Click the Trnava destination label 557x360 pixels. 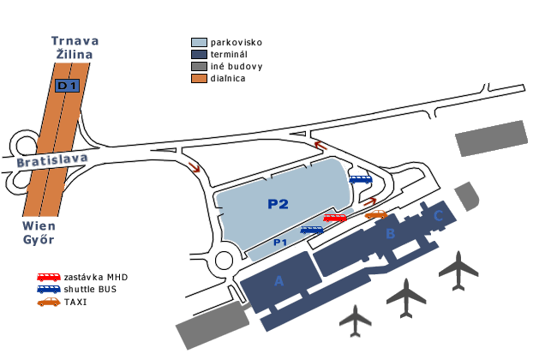tap(75, 41)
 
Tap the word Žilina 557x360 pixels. tap(75, 54)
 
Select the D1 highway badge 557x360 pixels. tap(67, 86)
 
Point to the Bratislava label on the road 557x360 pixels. tap(52, 160)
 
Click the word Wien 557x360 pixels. tap(39, 226)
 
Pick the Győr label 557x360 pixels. tap(39, 239)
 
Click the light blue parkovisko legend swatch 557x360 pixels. tap(199, 43)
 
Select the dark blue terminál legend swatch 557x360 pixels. tap(199, 54)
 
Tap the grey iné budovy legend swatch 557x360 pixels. tap(199, 67)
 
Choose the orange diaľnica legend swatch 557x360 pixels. tap(199, 78)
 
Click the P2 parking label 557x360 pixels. tap(278, 204)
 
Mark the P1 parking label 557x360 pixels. tap(280, 243)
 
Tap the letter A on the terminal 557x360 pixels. tap(279, 281)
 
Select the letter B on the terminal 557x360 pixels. tap(391, 233)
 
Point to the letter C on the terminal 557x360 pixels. tap(439, 215)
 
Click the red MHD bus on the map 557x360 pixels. tap(334, 218)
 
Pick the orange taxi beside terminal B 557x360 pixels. tap(376, 214)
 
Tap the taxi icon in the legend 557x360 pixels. tap(49, 302)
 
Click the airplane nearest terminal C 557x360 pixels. tap(458, 271)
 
